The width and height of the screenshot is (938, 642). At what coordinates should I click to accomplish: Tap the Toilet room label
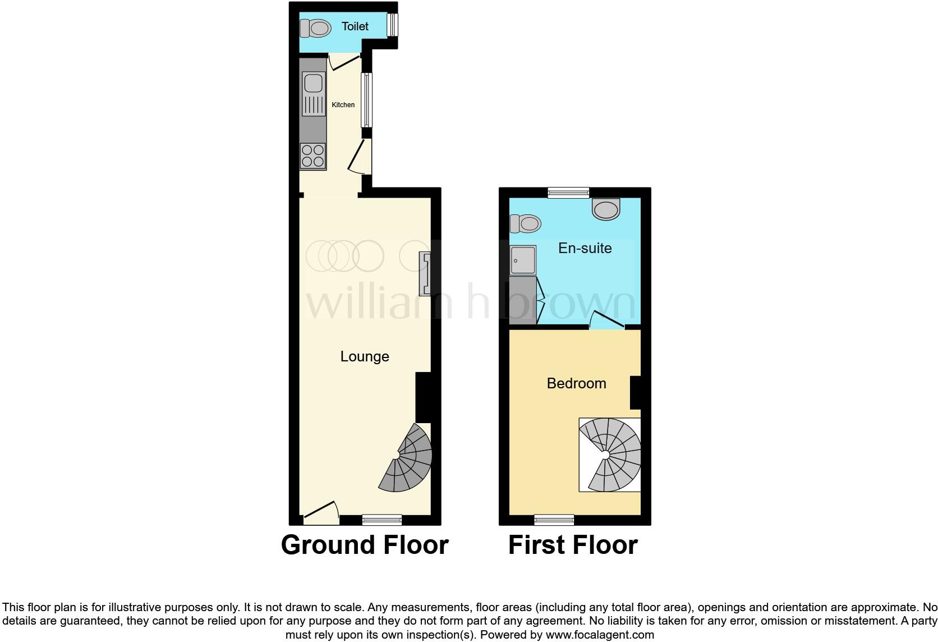coord(355,26)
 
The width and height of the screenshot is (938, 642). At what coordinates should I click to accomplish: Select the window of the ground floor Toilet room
coord(393,25)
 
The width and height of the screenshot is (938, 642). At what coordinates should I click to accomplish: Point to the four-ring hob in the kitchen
coord(313,156)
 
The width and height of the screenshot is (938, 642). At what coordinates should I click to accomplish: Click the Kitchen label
coord(343,105)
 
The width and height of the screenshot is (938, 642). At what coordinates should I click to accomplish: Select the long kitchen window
coord(366,100)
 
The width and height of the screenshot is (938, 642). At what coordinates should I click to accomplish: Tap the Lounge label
coord(365,356)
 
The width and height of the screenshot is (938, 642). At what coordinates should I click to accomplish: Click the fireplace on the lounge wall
coord(425,274)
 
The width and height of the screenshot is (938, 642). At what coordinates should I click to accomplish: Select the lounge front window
coord(381,520)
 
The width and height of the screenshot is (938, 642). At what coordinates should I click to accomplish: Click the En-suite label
coord(585,248)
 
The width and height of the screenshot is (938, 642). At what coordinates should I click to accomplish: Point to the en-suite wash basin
coord(606,209)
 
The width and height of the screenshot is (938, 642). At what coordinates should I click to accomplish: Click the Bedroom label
coord(576,383)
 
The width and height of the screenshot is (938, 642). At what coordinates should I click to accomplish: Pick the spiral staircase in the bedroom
coord(610,455)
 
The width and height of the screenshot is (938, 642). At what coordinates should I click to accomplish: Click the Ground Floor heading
coord(365,545)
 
